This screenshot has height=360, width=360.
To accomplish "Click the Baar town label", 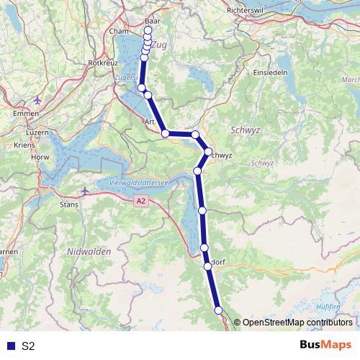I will [152, 22].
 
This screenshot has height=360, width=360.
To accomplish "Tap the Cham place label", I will [118, 32].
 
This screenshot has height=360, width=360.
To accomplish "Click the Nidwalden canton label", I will [87, 251].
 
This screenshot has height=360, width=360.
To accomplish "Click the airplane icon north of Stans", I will [86, 191].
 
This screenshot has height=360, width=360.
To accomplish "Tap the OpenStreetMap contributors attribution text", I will [297, 323].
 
